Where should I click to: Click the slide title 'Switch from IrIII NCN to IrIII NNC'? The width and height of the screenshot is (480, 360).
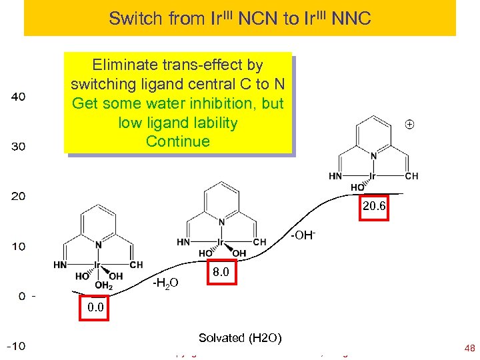click(x=239, y=18)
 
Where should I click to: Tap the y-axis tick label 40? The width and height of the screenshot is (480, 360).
click(x=19, y=97)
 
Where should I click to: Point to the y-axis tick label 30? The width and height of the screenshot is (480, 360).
click(x=19, y=147)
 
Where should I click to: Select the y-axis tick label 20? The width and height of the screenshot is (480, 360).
click(x=19, y=197)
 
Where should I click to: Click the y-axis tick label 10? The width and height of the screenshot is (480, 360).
click(x=19, y=247)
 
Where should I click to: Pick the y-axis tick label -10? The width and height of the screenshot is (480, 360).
click(x=17, y=347)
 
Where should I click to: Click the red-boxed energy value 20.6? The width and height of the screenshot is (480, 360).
click(x=374, y=207)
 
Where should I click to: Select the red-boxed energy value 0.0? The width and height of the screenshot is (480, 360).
click(x=95, y=307)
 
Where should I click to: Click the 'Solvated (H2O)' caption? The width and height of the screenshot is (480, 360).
click(x=240, y=338)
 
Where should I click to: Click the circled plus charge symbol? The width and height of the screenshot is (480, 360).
click(x=409, y=124)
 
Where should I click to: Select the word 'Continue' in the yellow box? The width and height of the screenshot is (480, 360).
click(x=177, y=141)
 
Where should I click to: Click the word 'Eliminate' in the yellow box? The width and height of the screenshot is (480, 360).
click(x=123, y=65)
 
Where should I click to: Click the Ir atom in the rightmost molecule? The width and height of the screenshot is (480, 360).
click(x=373, y=176)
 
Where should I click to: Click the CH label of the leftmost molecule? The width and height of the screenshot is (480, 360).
click(x=136, y=265)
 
